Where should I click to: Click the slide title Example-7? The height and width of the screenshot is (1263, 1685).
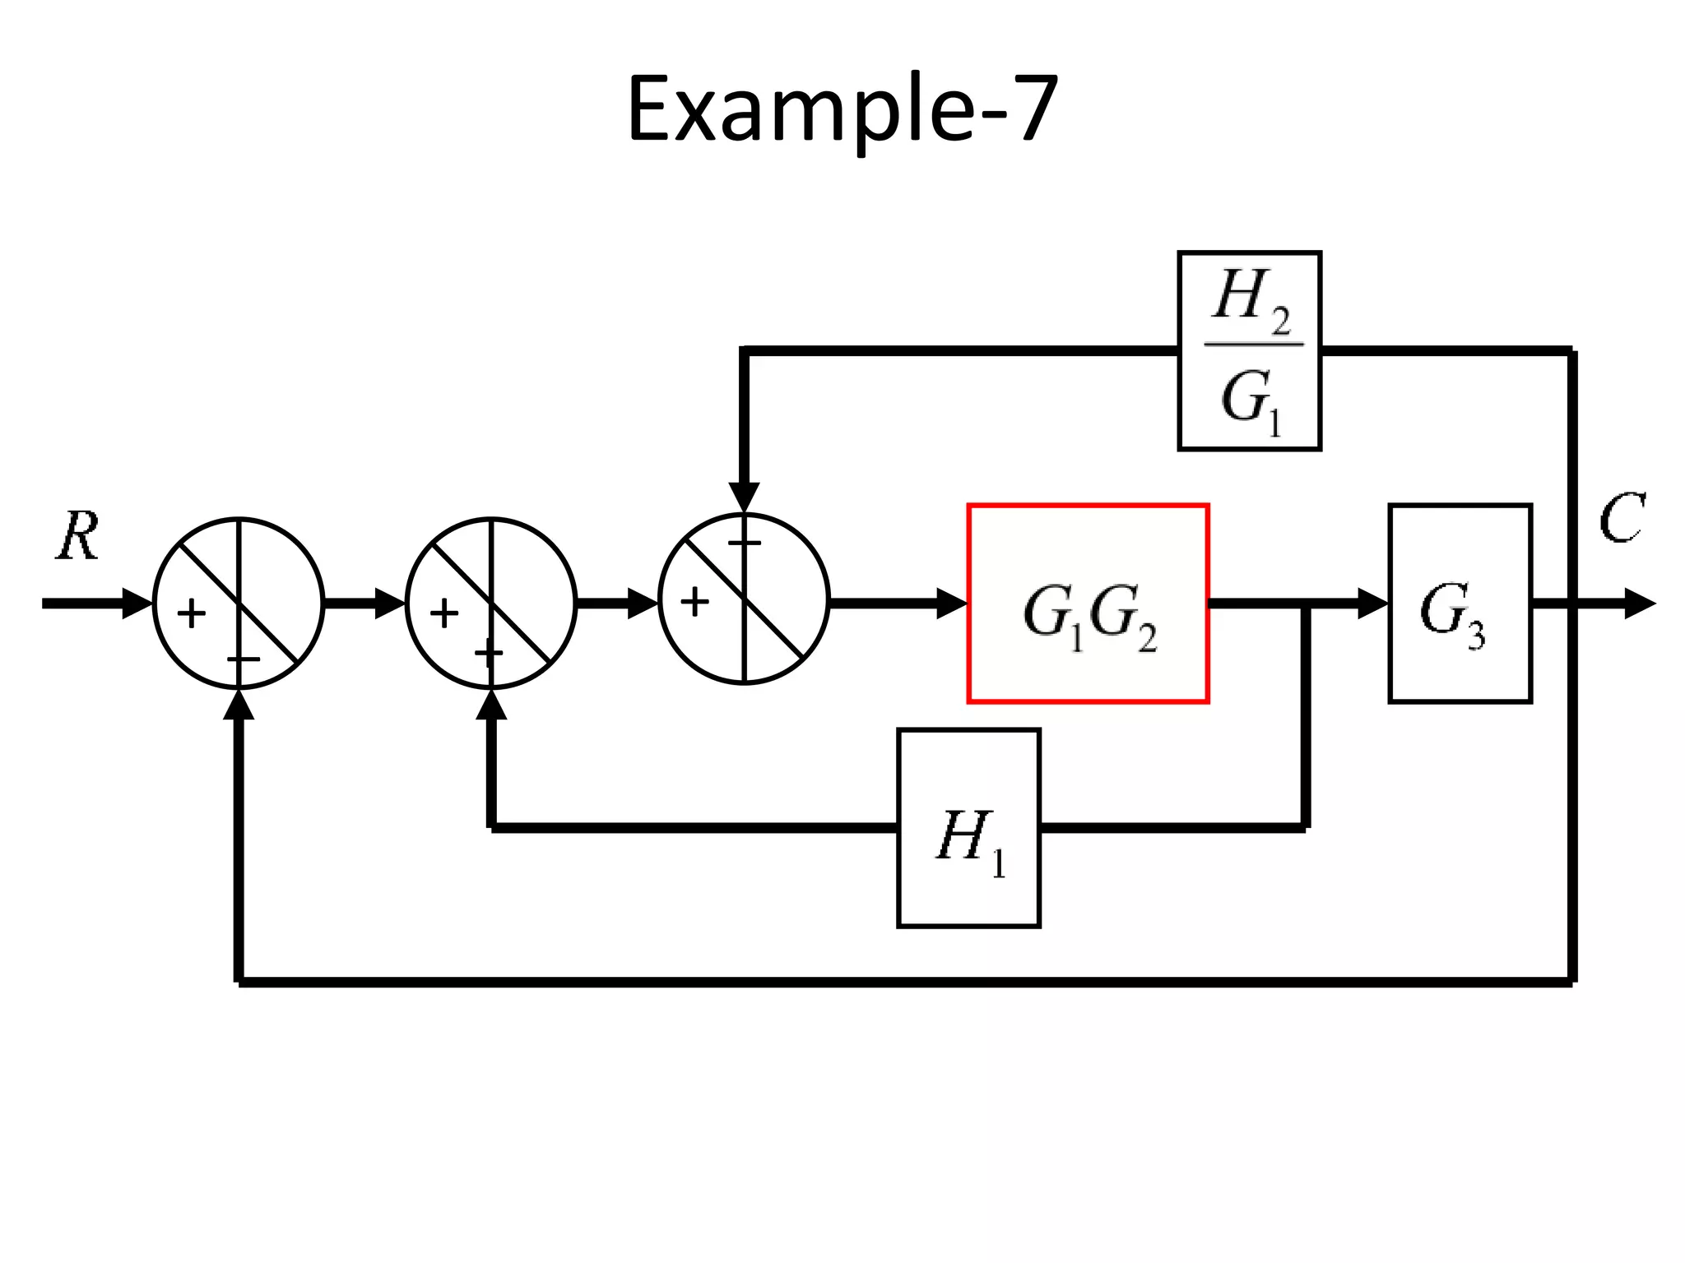pyautogui.click(x=842, y=109)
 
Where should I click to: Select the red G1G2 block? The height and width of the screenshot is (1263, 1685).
pyautogui.click(x=1088, y=604)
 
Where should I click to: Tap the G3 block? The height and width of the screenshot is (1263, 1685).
pyautogui.click(x=1460, y=604)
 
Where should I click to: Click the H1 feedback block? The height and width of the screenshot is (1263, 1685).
pyautogui.click(x=968, y=828)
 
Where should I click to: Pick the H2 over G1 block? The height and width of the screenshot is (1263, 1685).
pyautogui.click(x=1249, y=351)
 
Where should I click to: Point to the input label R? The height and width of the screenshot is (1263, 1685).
pyautogui.click(x=78, y=536)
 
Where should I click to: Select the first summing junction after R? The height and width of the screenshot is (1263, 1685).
pyautogui.click(x=239, y=603)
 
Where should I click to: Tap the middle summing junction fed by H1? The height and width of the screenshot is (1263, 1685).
pyautogui.click(x=491, y=603)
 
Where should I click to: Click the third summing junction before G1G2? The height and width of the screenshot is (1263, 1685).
pyautogui.click(x=744, y=599)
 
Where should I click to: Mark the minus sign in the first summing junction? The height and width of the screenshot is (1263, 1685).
pyautogui.click(x=244, y=659)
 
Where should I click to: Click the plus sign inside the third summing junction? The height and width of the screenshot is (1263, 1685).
pyautogui.click(x=694, y=602)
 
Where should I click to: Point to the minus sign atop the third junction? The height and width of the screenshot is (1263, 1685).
pyautogui.click(x=745, y=543)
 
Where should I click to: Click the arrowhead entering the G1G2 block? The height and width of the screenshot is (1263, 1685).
pyautogui.click(x=953, y=604)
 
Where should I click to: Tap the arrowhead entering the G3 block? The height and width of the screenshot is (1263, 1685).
pyautogui.click(x=1373, y=604)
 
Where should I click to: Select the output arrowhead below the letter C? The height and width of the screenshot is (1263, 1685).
pyautogui.click(x=1639, y=604)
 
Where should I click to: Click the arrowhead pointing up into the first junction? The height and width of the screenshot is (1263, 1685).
pyautogui.click(x=239, y=704)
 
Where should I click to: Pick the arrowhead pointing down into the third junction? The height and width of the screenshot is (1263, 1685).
pyautogui.click(x=744, y=497)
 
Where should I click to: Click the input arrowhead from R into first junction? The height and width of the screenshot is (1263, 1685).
pyautogui.click(x=137, y=604)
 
